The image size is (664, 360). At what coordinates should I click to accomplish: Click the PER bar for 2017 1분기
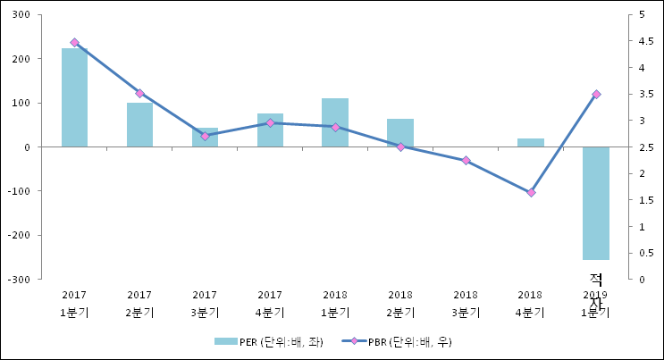click(74, 97)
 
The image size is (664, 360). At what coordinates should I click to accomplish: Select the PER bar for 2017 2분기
click(139, 124)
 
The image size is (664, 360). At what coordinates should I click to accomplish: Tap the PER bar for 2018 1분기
click(335, 122)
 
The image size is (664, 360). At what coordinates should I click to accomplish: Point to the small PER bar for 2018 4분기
click(531, 143)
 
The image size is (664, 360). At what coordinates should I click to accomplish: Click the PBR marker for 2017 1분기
click(74, 43)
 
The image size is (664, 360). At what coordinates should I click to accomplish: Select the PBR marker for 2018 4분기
click(531, 193)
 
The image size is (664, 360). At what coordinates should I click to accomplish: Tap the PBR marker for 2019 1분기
click(596, 95)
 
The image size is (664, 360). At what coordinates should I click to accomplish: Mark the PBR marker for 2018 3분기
click(466, 161)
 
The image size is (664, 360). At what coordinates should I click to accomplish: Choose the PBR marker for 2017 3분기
click(205, 136)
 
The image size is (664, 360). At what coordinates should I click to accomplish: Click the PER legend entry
click(268, 341)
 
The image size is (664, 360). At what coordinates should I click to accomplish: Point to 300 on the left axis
click(21, 15)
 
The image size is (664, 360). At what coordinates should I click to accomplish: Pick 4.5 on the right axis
click(635, 41)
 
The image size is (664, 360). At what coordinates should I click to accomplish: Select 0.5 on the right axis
click(635, 253)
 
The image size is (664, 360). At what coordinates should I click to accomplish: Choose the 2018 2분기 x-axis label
click(400, 304)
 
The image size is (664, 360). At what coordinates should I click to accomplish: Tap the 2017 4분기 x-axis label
click(270, 304)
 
